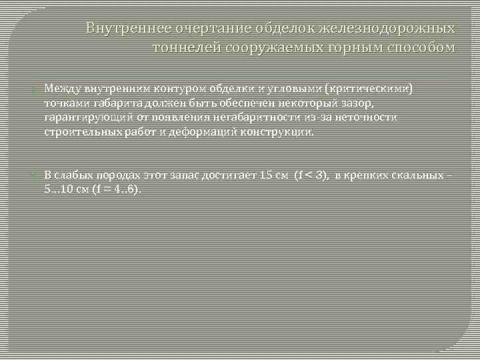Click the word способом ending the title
(420, 48)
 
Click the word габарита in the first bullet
(112, 103)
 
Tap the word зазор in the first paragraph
(359, 103)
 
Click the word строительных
(78, 132)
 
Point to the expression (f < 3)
(311, 175)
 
